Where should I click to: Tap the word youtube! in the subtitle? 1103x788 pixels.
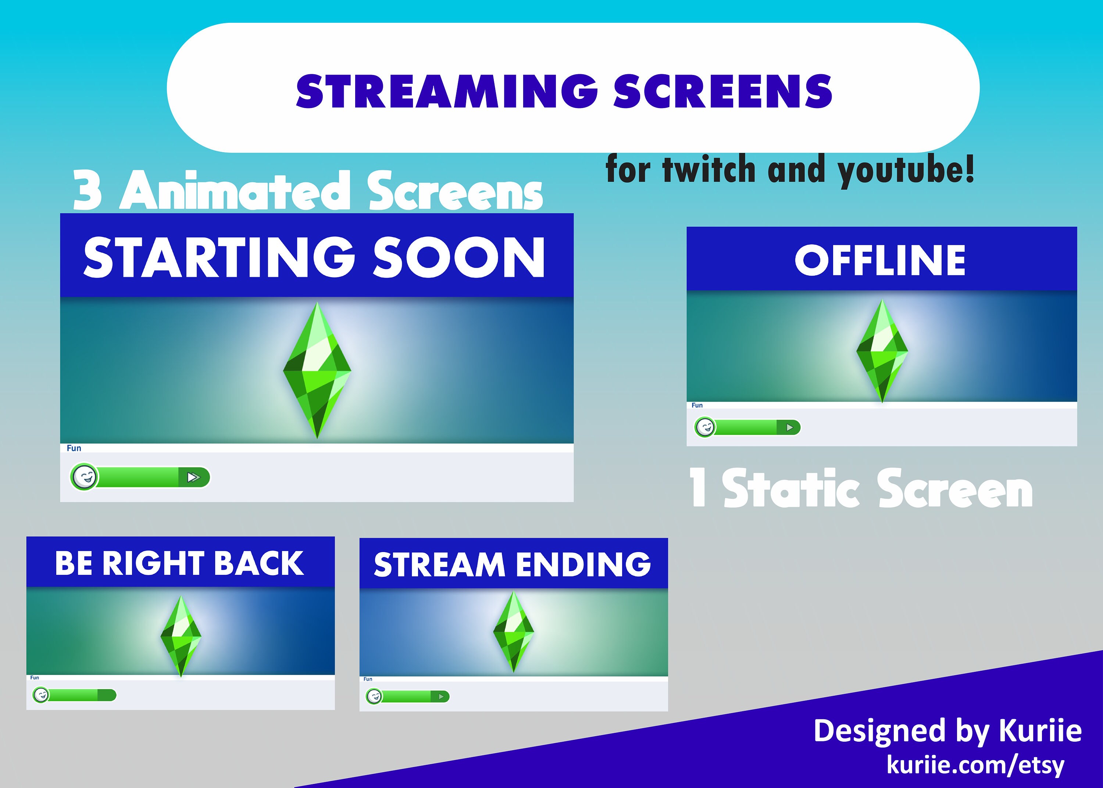(906, 171)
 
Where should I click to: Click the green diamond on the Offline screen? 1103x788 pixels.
(882, 350)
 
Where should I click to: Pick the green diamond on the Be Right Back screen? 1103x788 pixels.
(181, 635)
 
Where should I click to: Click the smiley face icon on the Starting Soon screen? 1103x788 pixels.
(85, 477)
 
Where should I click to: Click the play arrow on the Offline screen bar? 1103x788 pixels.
(789, 427)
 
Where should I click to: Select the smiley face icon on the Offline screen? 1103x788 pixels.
(705, 427)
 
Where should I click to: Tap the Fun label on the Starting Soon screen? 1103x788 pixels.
(74, 448)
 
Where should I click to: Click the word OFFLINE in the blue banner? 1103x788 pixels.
(880, 261)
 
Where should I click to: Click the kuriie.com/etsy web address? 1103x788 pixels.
(975, 765)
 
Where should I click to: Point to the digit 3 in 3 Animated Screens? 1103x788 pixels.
(88, 191)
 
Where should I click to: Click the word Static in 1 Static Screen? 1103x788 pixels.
(791, 489)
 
